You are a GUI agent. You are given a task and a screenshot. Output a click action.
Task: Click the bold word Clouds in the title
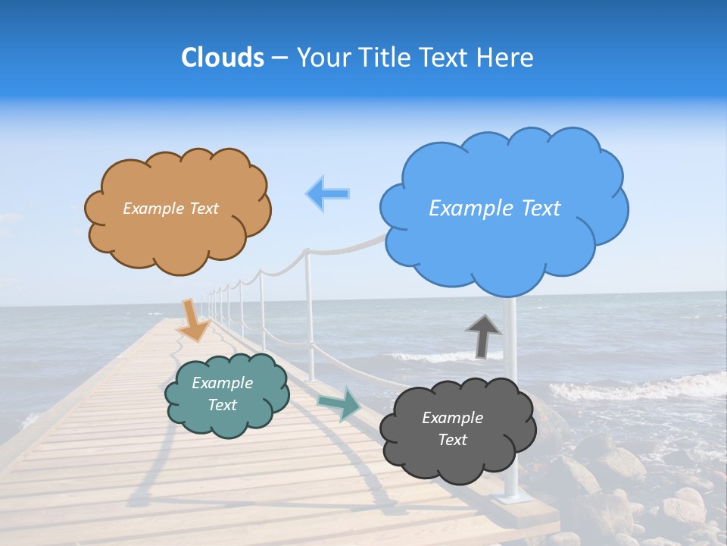[223, 58]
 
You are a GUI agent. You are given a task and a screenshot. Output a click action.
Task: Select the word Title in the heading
[385, 58]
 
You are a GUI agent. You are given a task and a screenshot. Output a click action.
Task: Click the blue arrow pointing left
[328, 193]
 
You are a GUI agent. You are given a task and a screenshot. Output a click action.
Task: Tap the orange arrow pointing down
[194, 319]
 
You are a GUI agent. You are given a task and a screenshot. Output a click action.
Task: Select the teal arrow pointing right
[340, 403]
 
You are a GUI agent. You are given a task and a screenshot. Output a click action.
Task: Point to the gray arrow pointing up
[483, 335]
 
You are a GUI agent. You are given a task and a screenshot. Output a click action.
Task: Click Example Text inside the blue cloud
[495, 209]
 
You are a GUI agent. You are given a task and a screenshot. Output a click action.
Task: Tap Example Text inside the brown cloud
[170, 209]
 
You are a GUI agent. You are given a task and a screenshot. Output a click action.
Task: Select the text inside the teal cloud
[223, 394]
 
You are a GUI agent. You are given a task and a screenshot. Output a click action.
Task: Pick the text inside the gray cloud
[452, 428]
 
